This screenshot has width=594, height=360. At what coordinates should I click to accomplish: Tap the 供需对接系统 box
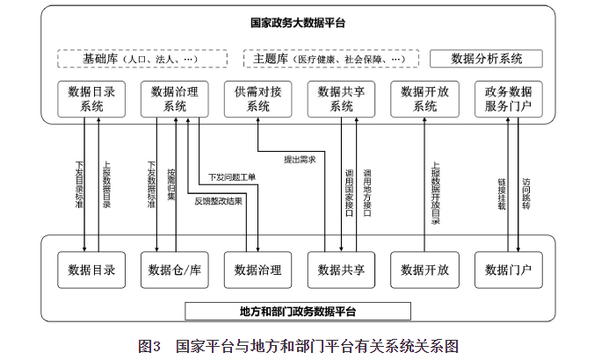[258, 98]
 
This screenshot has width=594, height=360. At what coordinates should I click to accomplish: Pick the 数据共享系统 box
[341, 98]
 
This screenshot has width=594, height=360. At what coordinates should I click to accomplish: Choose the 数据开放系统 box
[425, 98]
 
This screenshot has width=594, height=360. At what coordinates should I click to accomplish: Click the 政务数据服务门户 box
[509, 98]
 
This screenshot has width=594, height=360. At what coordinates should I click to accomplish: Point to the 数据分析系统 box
[486, 59]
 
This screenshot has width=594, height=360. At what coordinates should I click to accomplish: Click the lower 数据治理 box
[258, 269]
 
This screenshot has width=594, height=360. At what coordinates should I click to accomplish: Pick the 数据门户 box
[509, 269]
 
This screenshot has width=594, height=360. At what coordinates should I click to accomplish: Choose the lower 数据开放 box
[425, 269]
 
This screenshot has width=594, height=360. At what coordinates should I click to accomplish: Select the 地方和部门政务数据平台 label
[298, 311]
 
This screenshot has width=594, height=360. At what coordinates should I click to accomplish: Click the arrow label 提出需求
[299, 160]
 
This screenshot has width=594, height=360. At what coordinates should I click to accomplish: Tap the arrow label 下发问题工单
[231, 177]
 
